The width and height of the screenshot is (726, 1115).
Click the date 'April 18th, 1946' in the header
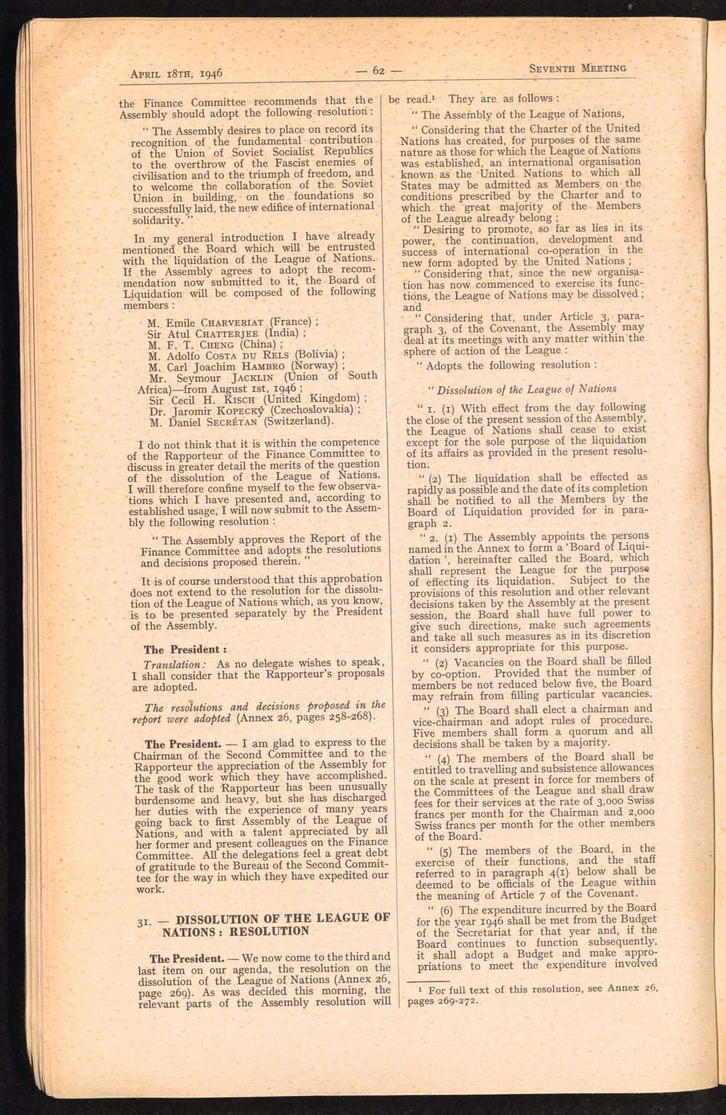[x=175, y=73]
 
